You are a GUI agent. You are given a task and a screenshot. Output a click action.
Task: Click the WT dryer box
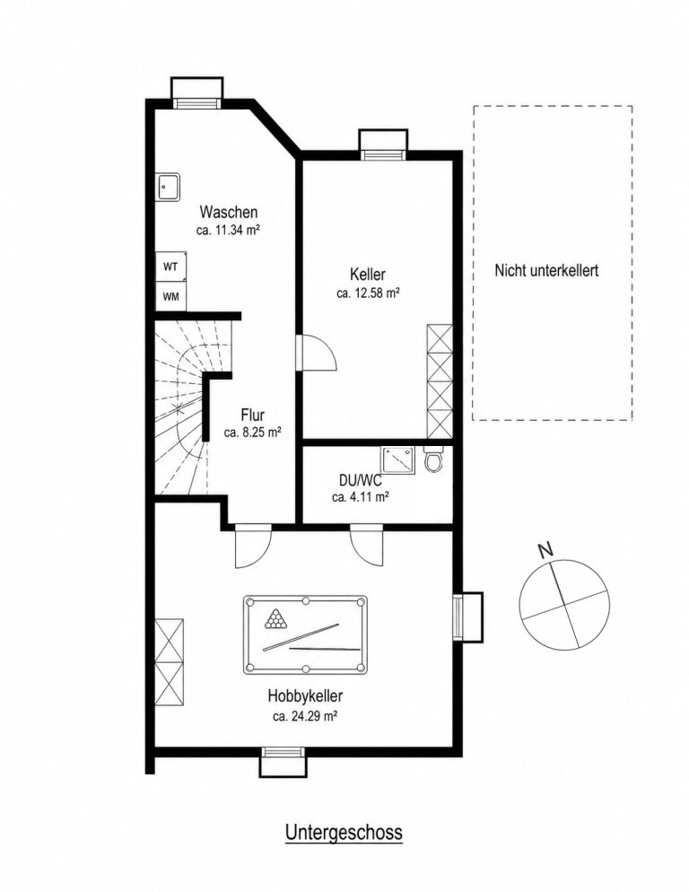point(170,267)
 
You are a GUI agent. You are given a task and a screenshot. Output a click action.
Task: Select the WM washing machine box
point(170,296)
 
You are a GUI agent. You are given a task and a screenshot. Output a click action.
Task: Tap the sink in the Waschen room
point(169,187)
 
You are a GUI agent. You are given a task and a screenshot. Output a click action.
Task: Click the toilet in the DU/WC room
point(433,459)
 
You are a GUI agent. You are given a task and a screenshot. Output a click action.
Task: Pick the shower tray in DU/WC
point(398,459)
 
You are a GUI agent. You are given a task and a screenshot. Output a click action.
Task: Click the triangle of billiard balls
point(276,619)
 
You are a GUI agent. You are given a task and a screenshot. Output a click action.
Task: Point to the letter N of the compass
point(545,549)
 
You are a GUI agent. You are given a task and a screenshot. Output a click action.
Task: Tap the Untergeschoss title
point(344,832)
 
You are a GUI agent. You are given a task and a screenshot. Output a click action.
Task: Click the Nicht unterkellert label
point(546,271)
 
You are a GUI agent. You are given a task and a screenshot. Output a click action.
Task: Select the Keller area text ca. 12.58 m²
point(368,293)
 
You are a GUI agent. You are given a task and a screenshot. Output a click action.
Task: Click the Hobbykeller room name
point(306,695)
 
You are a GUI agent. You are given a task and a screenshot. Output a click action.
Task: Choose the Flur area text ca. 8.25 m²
point(253,433)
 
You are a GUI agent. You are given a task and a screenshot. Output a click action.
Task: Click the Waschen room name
point(229,212)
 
